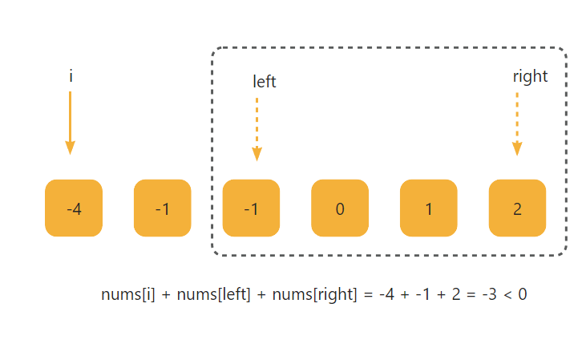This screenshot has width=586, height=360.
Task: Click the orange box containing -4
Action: tap(74, 208)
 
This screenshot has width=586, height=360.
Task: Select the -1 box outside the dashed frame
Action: tap(163, 208)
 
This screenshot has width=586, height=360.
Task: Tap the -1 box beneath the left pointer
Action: tap(251, 208)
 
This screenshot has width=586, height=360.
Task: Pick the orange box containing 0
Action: tap(340, 208)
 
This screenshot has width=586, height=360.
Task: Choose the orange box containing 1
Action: tap(429, 208)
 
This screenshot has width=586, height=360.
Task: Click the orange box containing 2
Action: tap(517, 208)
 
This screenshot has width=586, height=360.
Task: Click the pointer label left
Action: tap(265, 82)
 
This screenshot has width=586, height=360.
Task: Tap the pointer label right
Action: tap(530, 76)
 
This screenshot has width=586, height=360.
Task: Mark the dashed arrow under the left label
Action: tap(257, 129)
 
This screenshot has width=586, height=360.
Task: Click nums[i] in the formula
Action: tap(127, 294)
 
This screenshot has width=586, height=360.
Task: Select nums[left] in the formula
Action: tap(212, 294)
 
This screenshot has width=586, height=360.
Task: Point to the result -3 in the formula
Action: tap(489, 294)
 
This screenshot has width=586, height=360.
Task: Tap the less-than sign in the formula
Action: tap(507, 295)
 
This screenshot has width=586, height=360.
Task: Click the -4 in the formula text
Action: tap(386, 294)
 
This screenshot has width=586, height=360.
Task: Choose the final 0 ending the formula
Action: tap(522, 294)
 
